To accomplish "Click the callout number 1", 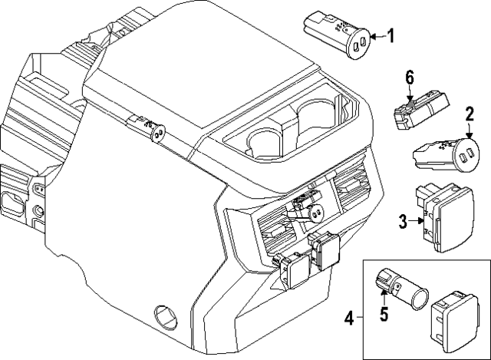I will (x=390, y=35).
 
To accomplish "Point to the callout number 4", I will (x=349, y=316).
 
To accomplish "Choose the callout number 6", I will (x=410, y=76).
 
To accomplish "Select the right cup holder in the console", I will (x=315, y=117).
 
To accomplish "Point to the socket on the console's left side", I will (x=157, y=133).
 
